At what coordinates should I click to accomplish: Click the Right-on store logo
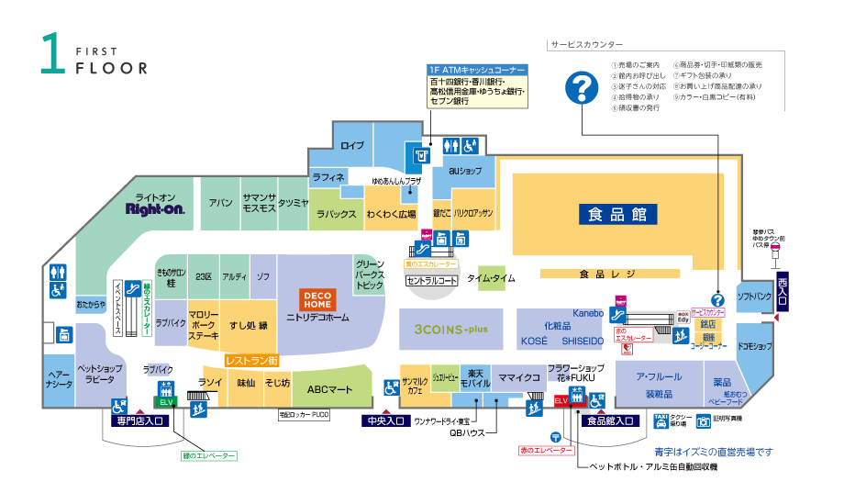coord(155,209)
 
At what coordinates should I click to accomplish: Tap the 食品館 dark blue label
coord(617,214)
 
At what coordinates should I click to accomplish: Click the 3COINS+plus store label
coord(450,328)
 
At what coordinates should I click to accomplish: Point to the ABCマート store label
coord(329,389)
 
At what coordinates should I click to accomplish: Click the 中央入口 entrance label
coord(383,421)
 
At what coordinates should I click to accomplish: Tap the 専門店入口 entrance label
coord(139,421)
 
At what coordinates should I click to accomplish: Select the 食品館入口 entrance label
coord(610,421)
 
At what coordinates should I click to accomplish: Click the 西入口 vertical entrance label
coord(782,288)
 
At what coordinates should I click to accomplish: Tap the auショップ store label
coord(465,172)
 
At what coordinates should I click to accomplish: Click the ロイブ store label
coord(352,146)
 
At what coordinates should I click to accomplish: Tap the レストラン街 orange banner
coord(251,361)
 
